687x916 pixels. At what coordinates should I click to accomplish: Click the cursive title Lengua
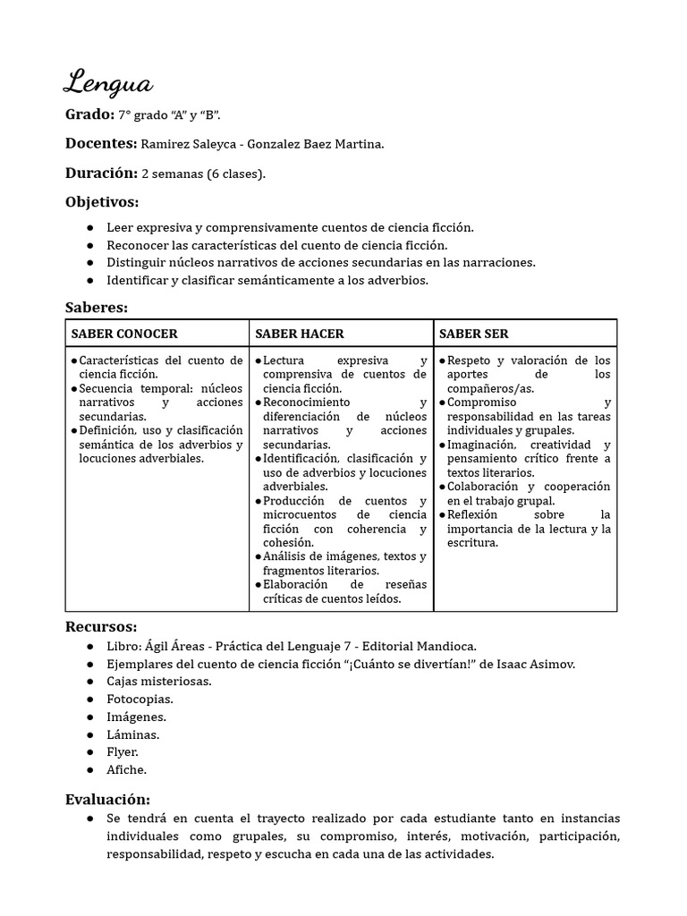click(108, 83)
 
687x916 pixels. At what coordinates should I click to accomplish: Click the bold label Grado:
click(89, 115)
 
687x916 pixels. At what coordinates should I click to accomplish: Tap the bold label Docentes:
click(101, 144)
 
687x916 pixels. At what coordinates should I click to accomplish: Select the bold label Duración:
click(101, 173)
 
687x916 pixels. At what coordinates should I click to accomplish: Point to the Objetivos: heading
click(102, 202)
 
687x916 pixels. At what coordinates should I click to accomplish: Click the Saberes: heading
click(97, 308)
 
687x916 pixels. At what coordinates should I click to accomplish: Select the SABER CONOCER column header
click(124, 334)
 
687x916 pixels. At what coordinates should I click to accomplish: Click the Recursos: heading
click(101, 626)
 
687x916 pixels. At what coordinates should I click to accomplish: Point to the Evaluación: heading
click(108, 799)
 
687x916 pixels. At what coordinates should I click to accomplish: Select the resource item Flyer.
click(123, 751)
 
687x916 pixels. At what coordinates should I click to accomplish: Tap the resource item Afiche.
click(126, 769)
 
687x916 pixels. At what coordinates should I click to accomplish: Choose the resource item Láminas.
click(132, 734)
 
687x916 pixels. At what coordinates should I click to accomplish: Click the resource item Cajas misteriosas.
click(158, 682)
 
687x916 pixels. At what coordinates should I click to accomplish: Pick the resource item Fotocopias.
click(140, 699)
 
